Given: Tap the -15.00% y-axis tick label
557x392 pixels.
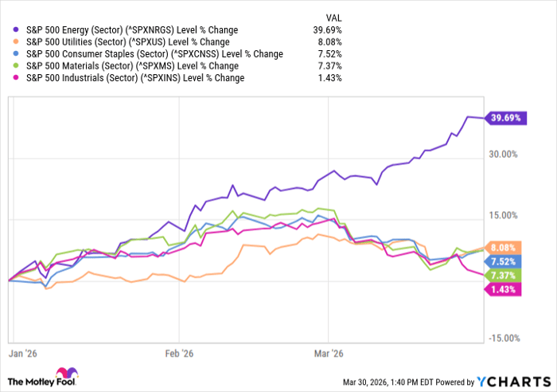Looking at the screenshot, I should click(504, 339).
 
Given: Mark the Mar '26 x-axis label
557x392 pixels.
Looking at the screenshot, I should click(328, 351).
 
